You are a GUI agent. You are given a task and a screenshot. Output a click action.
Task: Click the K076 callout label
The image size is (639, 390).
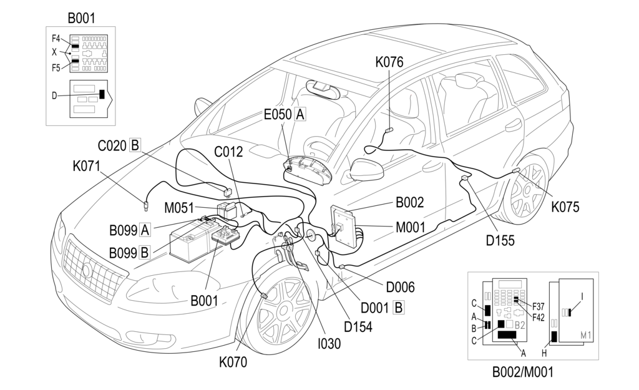click(389, 62)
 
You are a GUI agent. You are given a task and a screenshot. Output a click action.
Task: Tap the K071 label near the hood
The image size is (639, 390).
click(86, 166)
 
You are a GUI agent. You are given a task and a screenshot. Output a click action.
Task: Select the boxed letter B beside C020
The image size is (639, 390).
click(135, 145)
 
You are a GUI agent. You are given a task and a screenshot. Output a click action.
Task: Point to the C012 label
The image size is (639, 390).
click(228, 152)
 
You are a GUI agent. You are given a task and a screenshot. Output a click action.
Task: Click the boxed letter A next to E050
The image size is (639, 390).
click(300, 114)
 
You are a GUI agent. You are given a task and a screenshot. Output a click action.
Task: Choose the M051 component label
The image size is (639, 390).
click(179, 208)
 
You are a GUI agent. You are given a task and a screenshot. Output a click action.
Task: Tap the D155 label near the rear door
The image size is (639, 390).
click(500, 240)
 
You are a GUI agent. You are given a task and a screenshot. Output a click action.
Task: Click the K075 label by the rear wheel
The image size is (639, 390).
click(565, 207)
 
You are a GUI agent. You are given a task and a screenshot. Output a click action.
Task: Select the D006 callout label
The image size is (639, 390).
click(400, 287)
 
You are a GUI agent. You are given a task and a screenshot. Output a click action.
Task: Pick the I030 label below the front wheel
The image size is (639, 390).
click(329, 344)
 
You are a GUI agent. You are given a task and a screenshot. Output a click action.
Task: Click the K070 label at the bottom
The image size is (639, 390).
click(233, 362)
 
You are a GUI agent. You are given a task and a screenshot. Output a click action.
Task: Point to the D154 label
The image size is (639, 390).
click(358, 327)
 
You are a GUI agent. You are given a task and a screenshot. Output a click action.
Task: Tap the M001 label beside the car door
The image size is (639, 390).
click(411, 227)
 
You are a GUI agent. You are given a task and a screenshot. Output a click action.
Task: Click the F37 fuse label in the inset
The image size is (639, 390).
click(538, 306)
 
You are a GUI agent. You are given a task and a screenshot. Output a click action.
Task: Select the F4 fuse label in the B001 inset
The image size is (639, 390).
click(56, 39)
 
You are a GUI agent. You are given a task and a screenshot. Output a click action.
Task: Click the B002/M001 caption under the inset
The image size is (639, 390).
click(523, 372)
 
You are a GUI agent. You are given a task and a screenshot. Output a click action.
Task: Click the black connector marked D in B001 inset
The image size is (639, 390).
click(102, 94)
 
